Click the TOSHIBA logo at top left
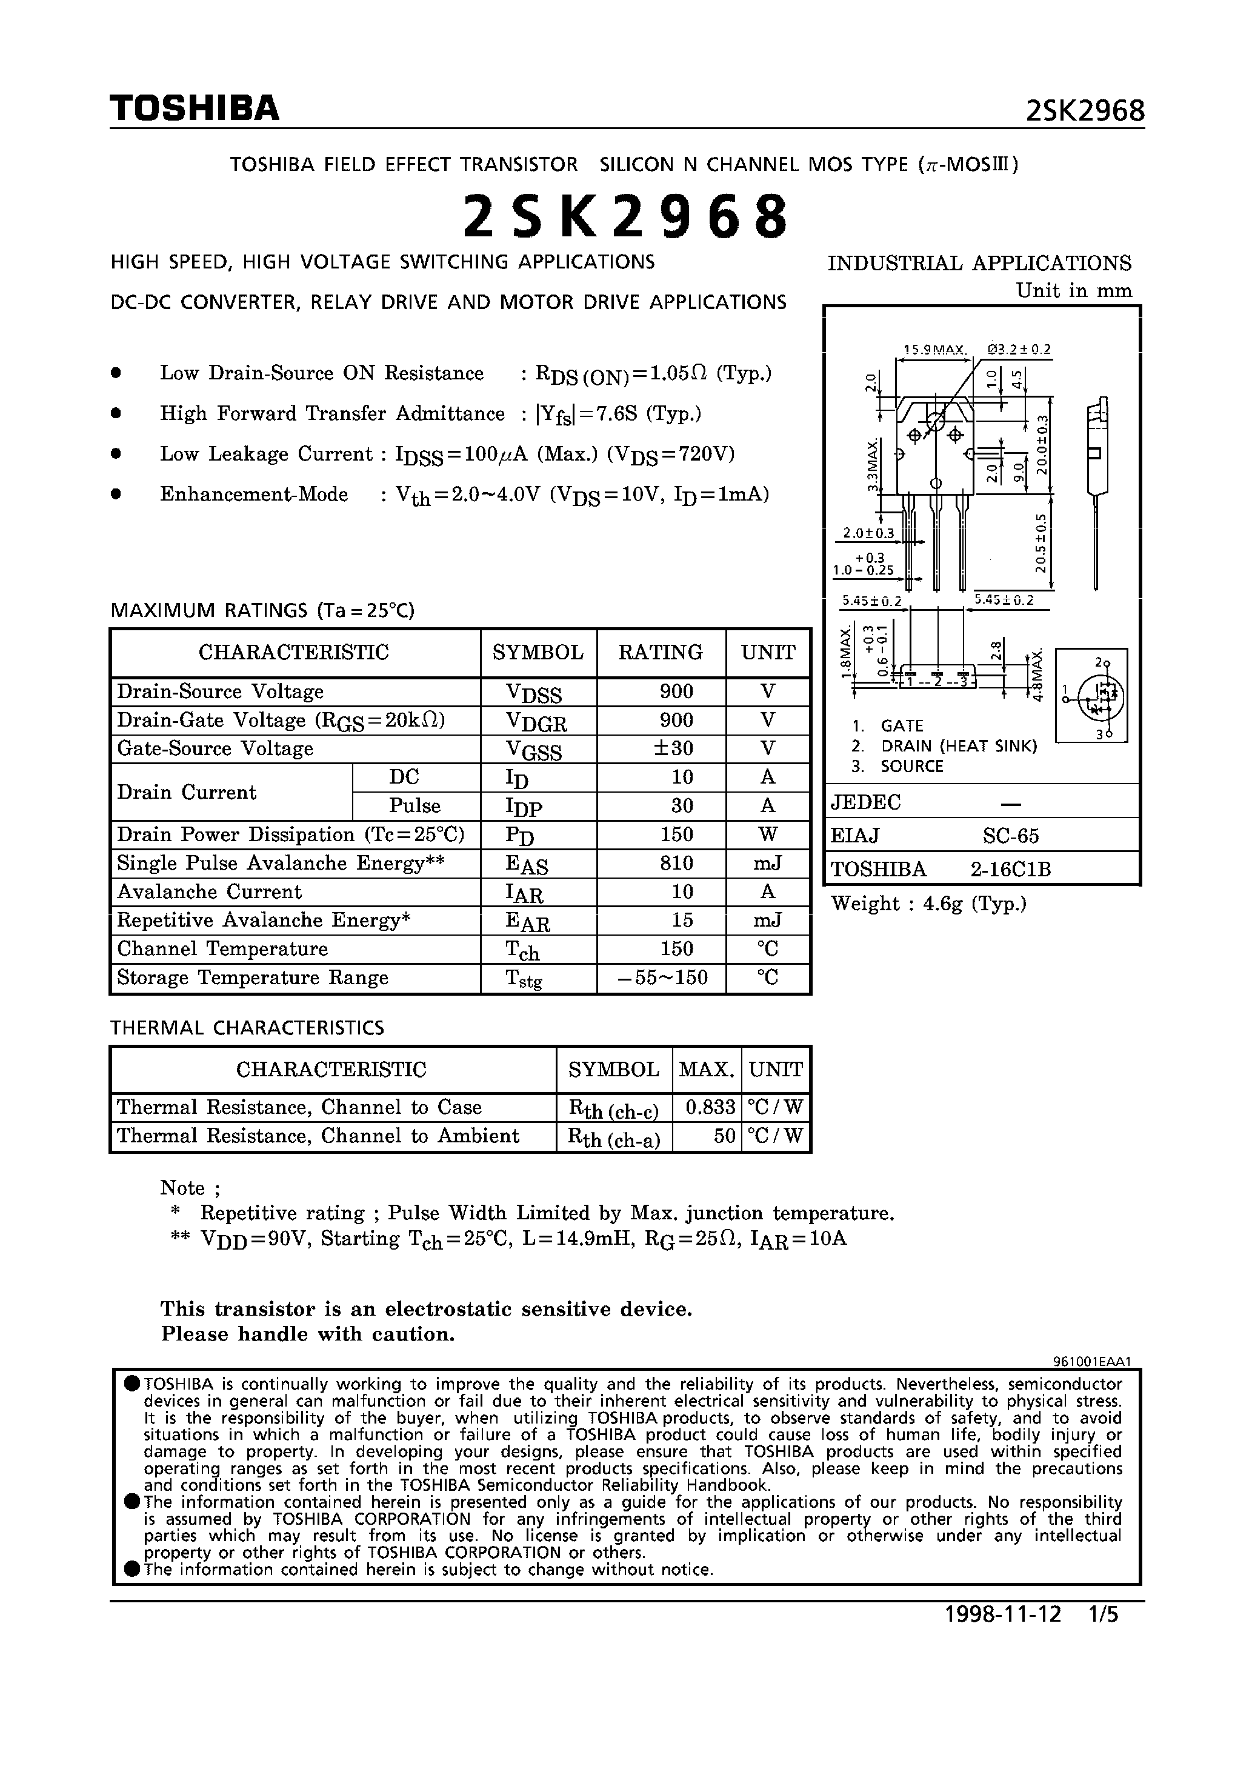pyautogui.click(x=194, y=109)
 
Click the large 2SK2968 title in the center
pyautogui.click(x=625, y=217)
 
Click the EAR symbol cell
pyautogui.click(x=527, y=922)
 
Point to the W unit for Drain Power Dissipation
pyautogui.click(x=767, y=835)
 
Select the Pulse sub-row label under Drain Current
pyautogui.click(x=415, y=806)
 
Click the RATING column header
pyautogui.click(x=660, y=653)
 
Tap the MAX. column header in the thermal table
pyautogui.click(x=706, y=1070)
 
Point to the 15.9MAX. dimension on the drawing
pyautogui.click(x=934, y=350)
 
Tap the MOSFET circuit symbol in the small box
pyautogui.click(x=1091, y=697)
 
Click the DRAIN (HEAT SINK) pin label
pyautogui.click(x=959, y=746)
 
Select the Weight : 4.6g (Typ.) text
pyautogui.click(x=928, y=904)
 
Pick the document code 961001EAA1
pyautogui.click(x=1091, y=1362)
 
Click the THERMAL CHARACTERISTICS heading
pyautogui.click(x=247, y=1028)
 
